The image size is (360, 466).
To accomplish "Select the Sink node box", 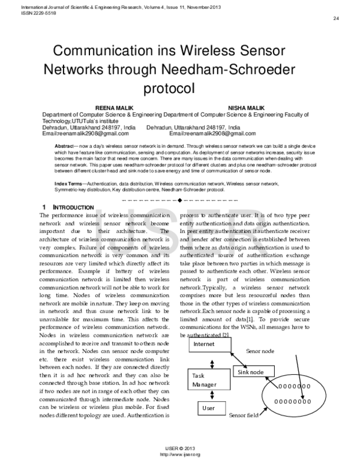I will pyautogui.click(x=250, y=372).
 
